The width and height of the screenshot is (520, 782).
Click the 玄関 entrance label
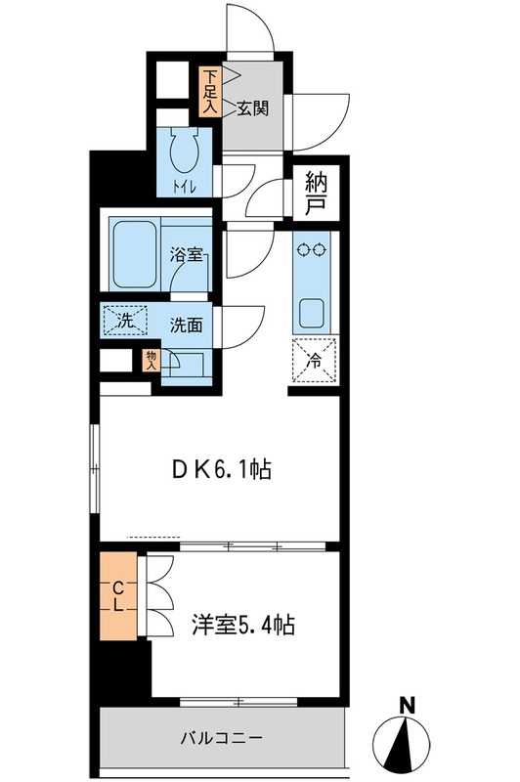point(252,109)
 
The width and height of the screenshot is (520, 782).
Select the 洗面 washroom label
point(186,325)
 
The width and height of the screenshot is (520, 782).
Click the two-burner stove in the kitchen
point(314,250)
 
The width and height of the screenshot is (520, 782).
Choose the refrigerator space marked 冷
point(314,359)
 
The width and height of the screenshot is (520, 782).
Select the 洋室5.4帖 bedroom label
point(244,624)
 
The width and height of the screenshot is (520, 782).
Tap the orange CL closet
point(118,595)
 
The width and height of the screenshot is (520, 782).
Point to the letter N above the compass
point(407,705)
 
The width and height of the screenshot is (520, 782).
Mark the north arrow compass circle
point(404,746)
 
